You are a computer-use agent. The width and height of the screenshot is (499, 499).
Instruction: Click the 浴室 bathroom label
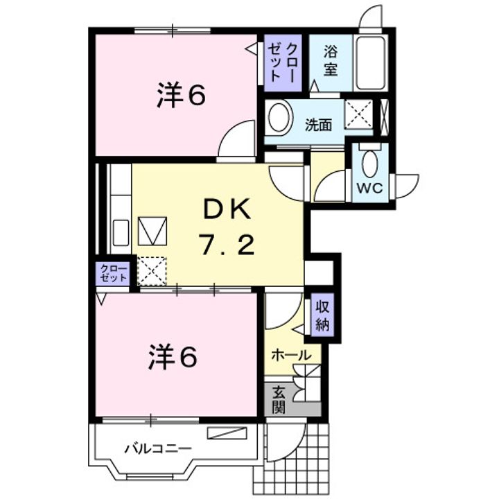point(331,60)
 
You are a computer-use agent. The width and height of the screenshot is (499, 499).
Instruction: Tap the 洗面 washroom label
point(319,125)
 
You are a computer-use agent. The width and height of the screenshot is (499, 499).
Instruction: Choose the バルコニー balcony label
point(157,448)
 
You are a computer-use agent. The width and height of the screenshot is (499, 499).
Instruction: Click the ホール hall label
point(290,355)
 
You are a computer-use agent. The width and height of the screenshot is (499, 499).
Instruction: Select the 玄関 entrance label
point(278,399)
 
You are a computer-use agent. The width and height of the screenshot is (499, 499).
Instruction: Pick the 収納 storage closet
point(322,316)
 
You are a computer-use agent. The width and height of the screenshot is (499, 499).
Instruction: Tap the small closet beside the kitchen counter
point(114,272)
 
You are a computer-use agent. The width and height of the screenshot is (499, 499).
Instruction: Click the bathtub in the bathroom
point(373,63)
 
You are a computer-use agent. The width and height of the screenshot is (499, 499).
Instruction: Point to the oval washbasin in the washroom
point(279,117)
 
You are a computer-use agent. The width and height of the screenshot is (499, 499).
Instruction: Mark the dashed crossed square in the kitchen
point(152,270)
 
